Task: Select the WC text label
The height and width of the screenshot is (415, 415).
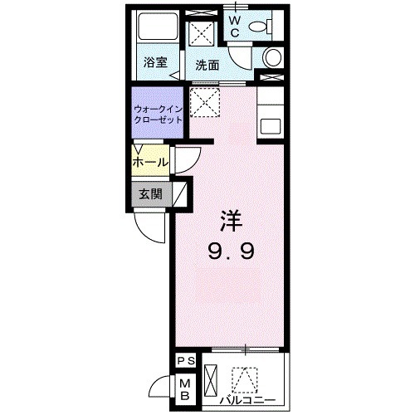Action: pos(235,25)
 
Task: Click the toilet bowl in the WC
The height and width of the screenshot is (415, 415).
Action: pos(264,27)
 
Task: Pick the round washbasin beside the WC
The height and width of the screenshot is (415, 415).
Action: pos(271,58)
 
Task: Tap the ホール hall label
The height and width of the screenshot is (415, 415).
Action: pos(150,161)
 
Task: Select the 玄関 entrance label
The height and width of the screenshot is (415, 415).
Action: pos(150,196)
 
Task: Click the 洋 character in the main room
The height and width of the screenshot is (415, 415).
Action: pos(230,222)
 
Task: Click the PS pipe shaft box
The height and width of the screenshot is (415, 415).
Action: pos(185,361)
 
